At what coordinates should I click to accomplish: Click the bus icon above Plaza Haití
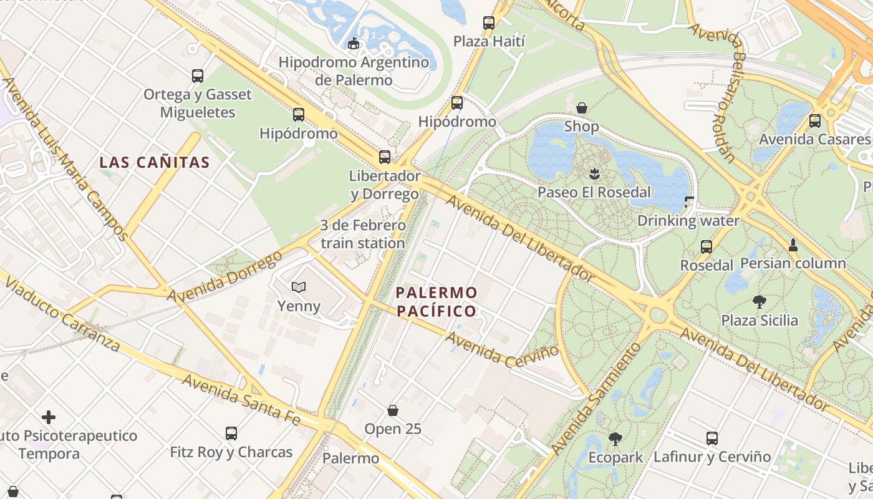pos(489,23)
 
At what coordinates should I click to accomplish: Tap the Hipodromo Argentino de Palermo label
pos(354,71)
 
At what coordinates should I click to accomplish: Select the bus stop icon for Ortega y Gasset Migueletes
pos(198,76)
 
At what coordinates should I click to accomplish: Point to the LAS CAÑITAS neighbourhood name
pos(155,163)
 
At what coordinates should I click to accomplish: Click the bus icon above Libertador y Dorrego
pos(385,157)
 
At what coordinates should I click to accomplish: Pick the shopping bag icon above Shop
pos(582,108)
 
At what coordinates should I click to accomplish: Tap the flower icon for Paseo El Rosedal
pos(594,173)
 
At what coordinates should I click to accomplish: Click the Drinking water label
pos(688,221)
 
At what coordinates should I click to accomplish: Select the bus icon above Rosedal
pos(706,247)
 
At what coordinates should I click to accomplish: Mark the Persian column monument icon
pos(793,245)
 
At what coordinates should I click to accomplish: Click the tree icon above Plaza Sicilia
pos(759,302)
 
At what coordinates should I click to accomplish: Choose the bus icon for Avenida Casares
pos(814,121)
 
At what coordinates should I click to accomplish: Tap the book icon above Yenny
pos(299,287)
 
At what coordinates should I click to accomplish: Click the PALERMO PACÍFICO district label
pos(436,301)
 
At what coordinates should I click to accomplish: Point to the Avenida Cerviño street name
pos(503,349)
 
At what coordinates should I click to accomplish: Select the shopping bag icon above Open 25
pos(393,410)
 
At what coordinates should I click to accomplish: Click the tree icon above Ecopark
pos(615,439)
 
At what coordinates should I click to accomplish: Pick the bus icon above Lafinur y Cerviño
pos(712,438)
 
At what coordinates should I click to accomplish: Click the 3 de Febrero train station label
pos(363,234)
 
